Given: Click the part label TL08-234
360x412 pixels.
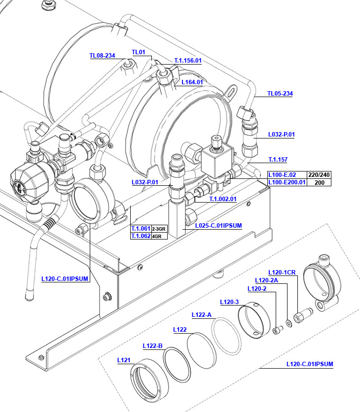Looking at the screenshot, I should [102, 56].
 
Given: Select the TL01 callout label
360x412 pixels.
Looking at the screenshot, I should [139, 52].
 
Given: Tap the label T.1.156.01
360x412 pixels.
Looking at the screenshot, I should [188, 61].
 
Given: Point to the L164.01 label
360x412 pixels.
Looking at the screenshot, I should [192, 82].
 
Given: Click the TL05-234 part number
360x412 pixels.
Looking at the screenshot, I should [280, 94].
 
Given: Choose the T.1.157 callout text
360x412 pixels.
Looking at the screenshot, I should [278, 159].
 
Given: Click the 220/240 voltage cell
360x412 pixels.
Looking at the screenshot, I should [319, 175].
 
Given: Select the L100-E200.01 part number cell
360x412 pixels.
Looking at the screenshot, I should [287, 182].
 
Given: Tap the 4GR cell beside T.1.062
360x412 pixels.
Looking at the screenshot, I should [157, 237].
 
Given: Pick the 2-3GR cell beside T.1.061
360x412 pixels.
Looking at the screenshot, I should [159, 229].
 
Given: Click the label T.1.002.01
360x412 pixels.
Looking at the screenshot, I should [223, 199].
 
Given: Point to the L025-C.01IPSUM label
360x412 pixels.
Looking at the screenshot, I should [218, 226].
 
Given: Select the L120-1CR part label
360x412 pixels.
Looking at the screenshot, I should [282, 272].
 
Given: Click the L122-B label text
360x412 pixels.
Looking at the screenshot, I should [152, 345].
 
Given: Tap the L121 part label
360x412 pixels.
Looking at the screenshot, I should [123, 360].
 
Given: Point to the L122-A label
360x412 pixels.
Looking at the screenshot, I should [201, 315].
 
